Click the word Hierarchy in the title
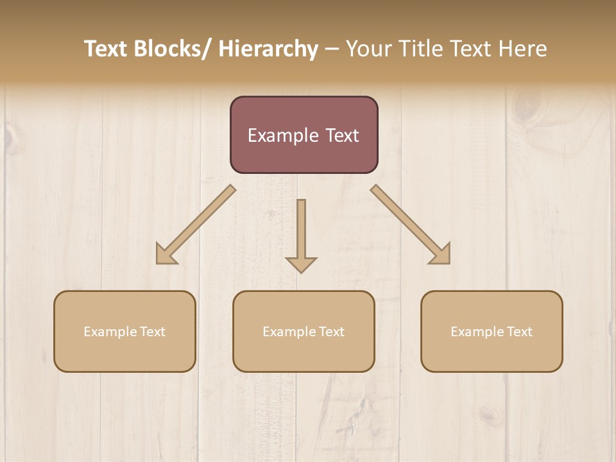[268, 49]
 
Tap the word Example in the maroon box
[283, 136]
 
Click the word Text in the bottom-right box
[519, 332]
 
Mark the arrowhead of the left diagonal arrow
[165, 255]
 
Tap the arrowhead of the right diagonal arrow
[441, 255]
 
